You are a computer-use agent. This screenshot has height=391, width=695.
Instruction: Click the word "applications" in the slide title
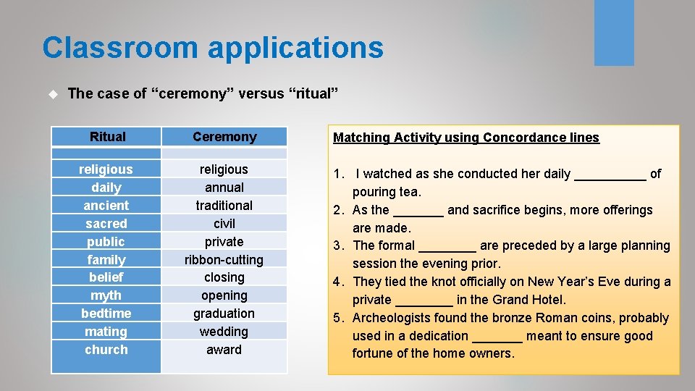pyautogui.click(x=295, y=48)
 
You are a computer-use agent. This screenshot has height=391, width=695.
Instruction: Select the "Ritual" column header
pyautogui.click(x=107, y=137)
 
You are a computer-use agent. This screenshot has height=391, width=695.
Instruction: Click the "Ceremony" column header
pyautogui.click(x=224, y=137)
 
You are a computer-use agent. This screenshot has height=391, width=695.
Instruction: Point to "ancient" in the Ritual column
pyautogui.click(x=106, y=206)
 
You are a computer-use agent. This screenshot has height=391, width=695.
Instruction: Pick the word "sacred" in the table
pyautogui.click(x=106, y=224)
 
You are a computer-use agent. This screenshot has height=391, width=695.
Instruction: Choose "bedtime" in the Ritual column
pyautogui.click(x=106, y=314)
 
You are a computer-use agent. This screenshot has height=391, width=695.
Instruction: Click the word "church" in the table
pyautogui.click(x=106, y=350)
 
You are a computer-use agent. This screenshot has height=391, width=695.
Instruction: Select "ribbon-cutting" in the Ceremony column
pyautogui.click(x=224, y=259)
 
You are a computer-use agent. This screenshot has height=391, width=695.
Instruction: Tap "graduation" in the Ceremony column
pyautogui.click(x=224, y=314)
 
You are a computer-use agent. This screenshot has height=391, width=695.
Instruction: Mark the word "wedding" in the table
pyautogui.click(x=224, y=332)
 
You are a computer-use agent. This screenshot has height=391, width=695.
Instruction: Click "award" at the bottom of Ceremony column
pyautogui.click(x=224, y=350)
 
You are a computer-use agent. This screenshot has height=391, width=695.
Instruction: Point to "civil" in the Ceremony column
pyautogui.click(x=224, y=224)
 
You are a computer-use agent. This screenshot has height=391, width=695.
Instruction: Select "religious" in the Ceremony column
pyautogui.click(x=224, y=169)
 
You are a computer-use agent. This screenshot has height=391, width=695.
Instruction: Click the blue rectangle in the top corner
pyautogui.click(x=614, y=33)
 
